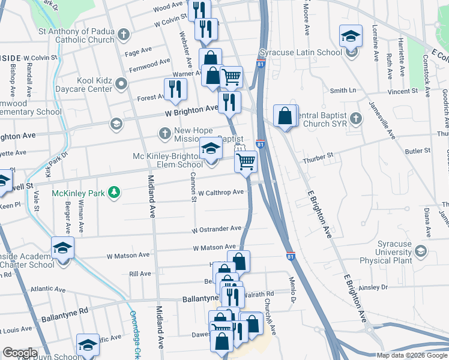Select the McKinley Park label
pos(78,193)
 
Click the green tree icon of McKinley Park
pos(112,193)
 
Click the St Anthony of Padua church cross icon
pos(124,34)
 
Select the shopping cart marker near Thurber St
pos(246,161)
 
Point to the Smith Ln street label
pos(343,91)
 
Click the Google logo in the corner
pos(20,353)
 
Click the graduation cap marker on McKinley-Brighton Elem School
pos(211,148)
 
